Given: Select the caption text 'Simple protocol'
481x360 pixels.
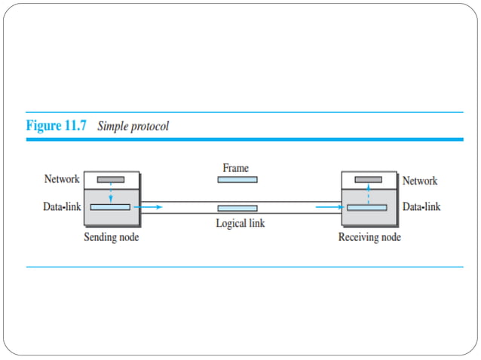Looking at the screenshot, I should coord(133,126).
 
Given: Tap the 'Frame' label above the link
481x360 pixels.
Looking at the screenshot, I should coord(236,168).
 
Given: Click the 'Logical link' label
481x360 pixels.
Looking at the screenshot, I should coord(240,223).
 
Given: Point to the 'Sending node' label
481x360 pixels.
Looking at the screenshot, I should coord(111,238).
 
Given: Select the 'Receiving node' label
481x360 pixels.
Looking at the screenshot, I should coord(369,238).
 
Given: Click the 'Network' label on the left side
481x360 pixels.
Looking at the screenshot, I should coord(61,180).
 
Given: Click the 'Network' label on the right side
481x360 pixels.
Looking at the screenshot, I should coord(419,181).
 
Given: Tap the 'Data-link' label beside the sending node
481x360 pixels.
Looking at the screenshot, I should coord(62,206).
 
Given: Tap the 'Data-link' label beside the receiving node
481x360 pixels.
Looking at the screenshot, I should coord(421,206).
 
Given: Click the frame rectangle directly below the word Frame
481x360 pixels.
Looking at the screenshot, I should coord(237,180).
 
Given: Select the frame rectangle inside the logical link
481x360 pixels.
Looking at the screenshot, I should coord(237,208).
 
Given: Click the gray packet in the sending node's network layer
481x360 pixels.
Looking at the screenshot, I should coord(111,180).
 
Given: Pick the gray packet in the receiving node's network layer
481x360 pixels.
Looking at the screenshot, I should coord(368,180).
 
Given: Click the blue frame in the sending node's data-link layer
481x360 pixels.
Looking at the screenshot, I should coord(110,206).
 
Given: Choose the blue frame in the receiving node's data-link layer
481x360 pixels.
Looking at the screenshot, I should coord(367,207).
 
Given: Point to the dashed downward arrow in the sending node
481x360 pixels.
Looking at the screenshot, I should coord(111,194).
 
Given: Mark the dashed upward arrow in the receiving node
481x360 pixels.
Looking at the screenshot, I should coord(368,194).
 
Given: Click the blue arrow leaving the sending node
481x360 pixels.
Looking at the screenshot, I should coord(152,206).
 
